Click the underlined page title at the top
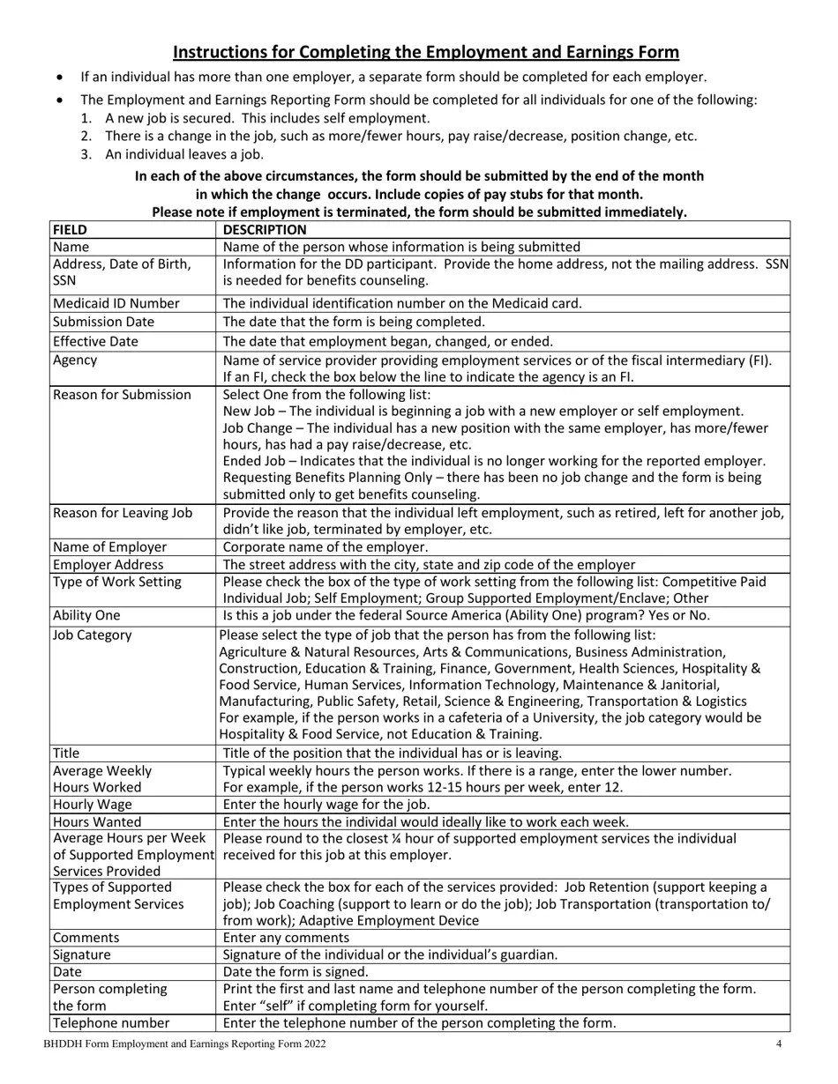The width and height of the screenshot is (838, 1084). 425,52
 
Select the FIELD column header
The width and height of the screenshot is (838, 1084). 71,230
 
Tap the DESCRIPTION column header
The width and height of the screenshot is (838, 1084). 265,230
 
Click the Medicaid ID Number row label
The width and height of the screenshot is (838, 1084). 116,303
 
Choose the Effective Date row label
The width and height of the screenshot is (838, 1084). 95,341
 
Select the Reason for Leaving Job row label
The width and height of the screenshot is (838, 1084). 123,513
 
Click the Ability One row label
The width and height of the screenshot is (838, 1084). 86,615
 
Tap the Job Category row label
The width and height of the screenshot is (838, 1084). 93,635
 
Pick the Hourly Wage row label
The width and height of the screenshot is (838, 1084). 93,804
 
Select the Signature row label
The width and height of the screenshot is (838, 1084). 82,954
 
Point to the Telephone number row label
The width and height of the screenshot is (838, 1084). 111,1023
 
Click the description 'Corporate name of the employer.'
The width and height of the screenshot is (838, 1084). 325,546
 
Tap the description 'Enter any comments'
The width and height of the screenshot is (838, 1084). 286,938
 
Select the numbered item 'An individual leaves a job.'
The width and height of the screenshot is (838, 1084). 184,153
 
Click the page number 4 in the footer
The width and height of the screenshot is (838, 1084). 779,1044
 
